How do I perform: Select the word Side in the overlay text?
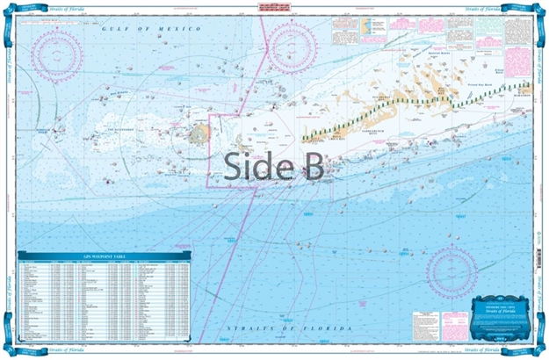tap(255, 166)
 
